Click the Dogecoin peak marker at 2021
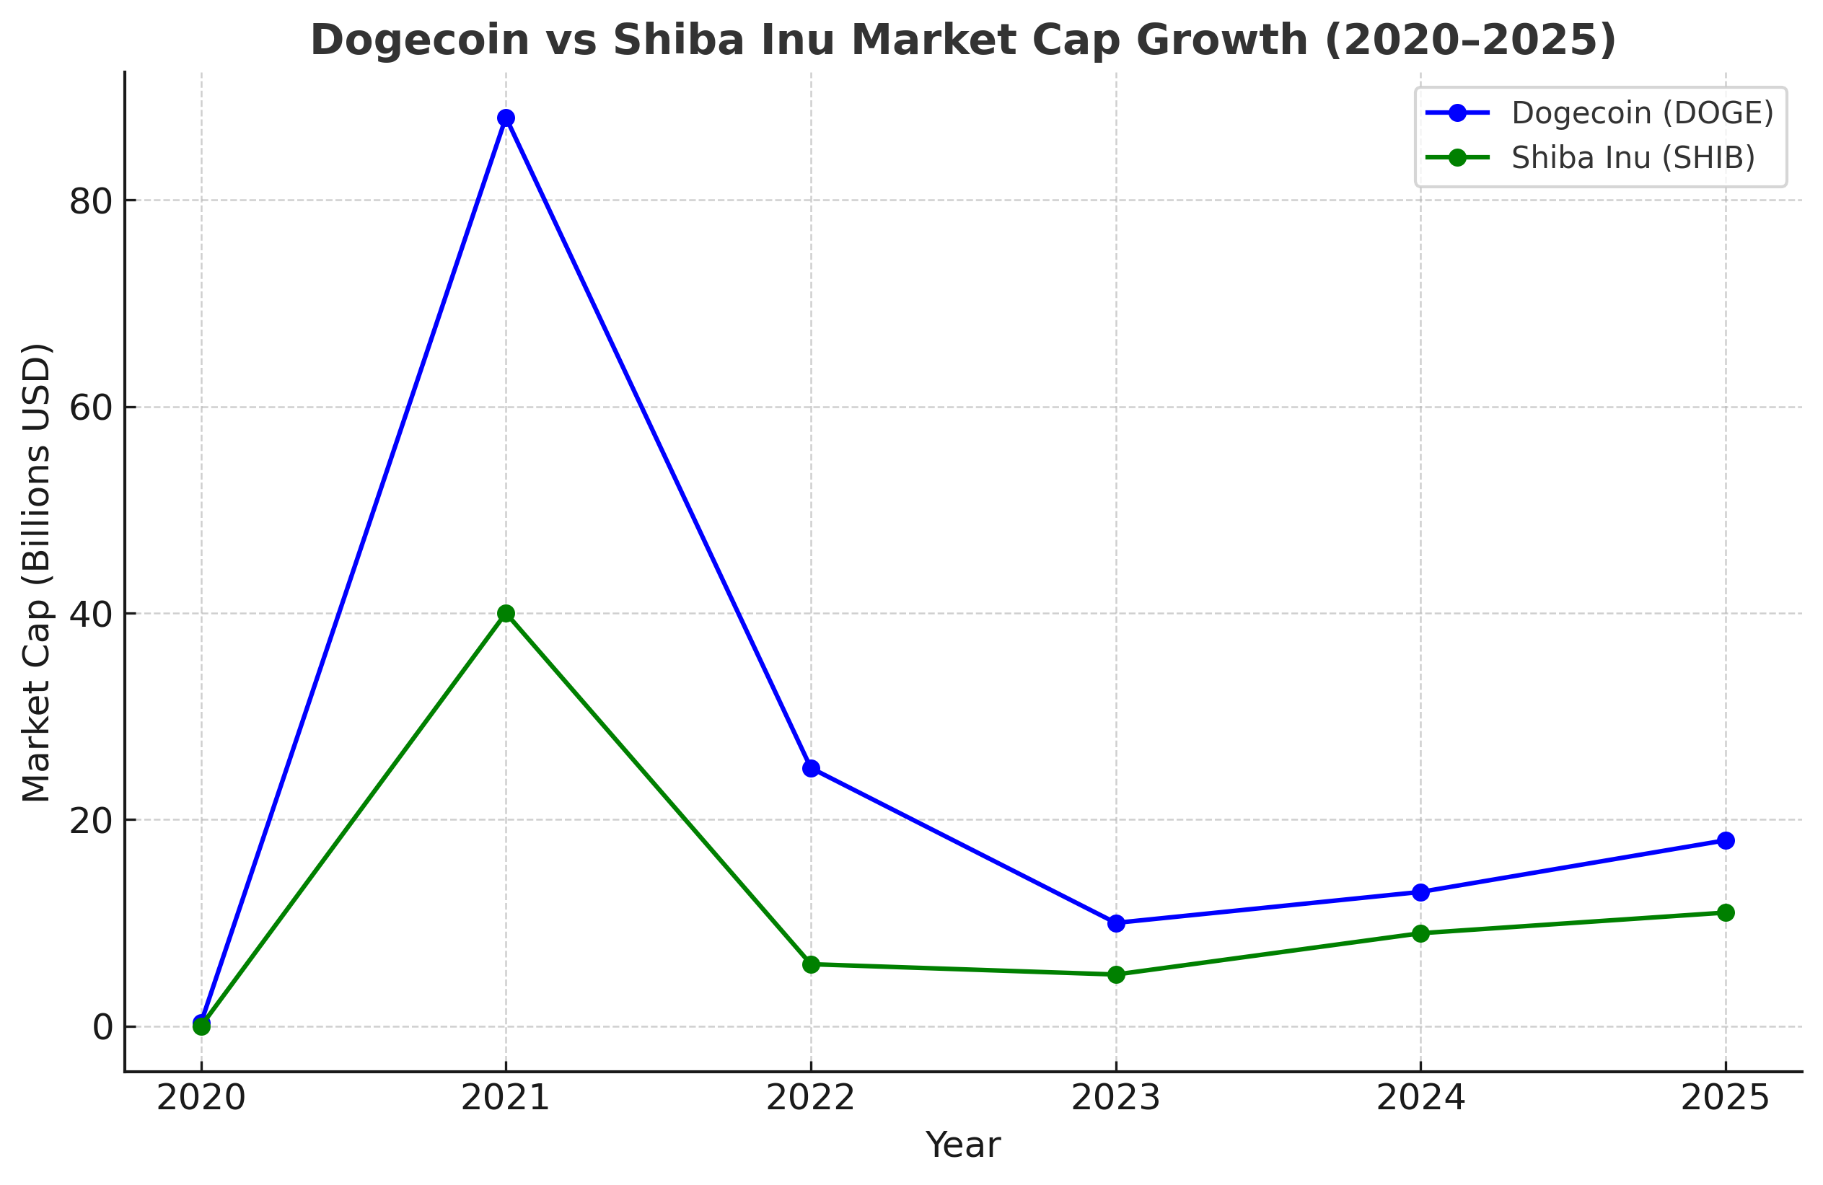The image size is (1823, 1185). tap(506, 118)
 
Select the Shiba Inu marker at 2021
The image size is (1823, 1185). tap(506, 614)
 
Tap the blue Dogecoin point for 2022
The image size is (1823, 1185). tap(811, 768)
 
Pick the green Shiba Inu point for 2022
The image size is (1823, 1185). tap(811, 964)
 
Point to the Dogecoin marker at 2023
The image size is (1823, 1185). tap(1116, 923)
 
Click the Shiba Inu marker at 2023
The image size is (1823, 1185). tap(1116, 974)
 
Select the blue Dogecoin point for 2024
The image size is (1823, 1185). tap(1421, 892)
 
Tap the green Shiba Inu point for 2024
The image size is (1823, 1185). tap(1421, 933)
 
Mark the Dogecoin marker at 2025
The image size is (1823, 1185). tap(1726, 840)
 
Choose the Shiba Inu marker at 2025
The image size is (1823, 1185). tap(1726, 912)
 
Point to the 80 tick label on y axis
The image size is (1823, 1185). tap(90, 201)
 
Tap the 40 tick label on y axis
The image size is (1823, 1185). tap(90, 614)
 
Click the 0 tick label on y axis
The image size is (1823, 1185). tap(102, 1027)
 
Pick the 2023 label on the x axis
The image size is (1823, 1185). tap(1115, 1098)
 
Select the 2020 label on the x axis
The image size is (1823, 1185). tap(201, 1098)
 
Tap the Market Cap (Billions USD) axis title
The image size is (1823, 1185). tap(36, 572)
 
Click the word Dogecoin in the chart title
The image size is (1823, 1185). tap(420, 40)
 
